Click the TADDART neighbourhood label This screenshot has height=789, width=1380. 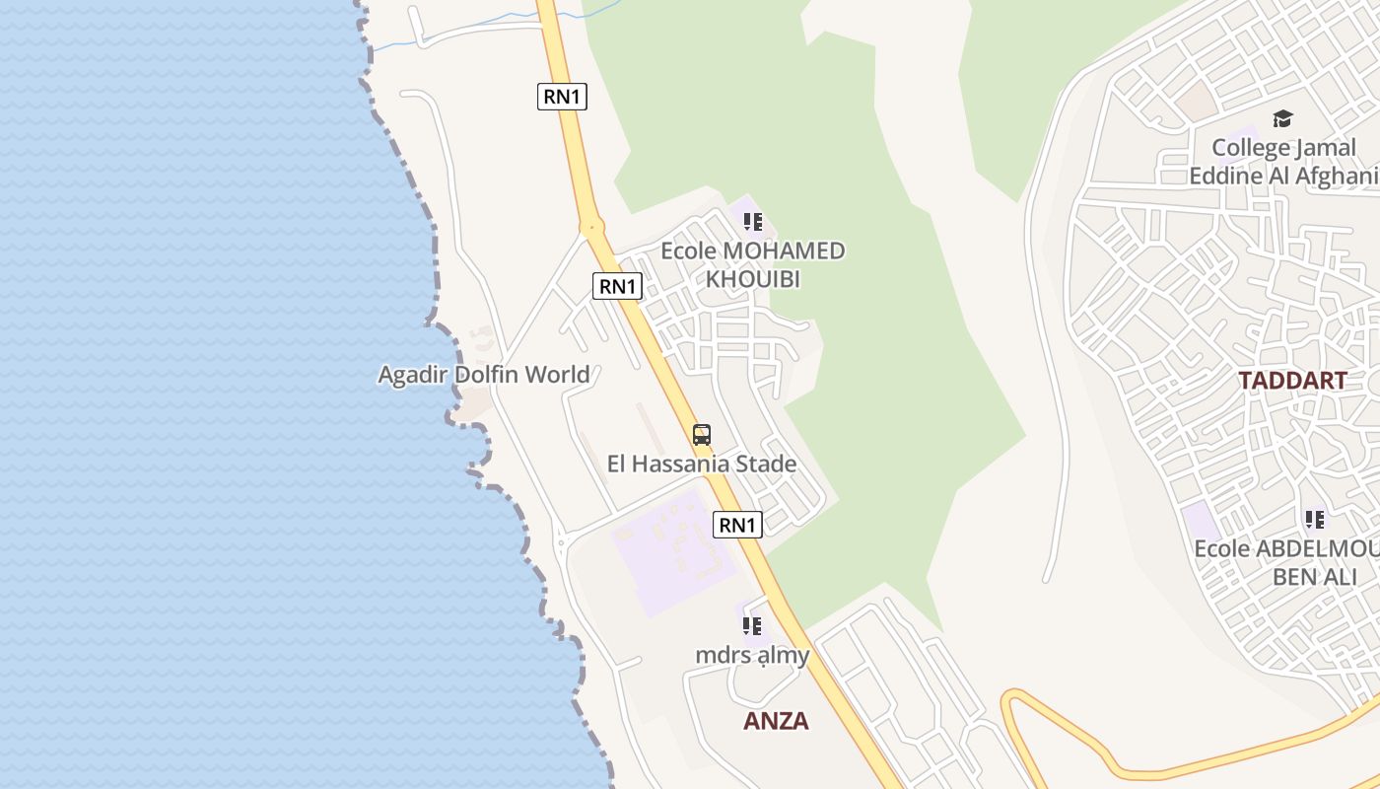click(x=1292, y=381)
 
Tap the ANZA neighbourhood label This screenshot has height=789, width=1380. click(x=776, y=721)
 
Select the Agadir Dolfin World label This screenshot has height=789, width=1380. click(x=484, y=375)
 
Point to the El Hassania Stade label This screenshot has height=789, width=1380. click(x=702, y=464)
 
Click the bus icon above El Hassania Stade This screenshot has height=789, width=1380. click(x=702, y=434)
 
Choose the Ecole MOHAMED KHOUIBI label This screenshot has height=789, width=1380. click(x=752, y=264)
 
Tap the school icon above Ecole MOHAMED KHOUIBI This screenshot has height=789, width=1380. click(x=753, y=222)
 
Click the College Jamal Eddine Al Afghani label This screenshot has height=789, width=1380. click(x=1283, y=162)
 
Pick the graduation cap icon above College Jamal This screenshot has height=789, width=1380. click(x=1282, y=119)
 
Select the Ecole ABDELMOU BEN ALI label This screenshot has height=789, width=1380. click(x=1286, y=562)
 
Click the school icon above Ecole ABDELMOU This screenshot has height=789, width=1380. click(x=1314, y=519)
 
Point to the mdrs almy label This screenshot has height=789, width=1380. click(x=752, y=655)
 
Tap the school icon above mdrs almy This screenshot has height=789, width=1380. click(x=752, y=625)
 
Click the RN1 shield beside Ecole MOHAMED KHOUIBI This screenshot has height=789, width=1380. click(x=618, y=286)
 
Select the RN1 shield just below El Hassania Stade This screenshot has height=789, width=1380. click(x=737, y=525)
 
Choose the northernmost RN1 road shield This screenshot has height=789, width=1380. click(x=563, y=97)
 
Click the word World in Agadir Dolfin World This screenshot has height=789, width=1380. click(x=557, y=375)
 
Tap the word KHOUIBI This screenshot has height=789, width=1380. click(x=752, y=279)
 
